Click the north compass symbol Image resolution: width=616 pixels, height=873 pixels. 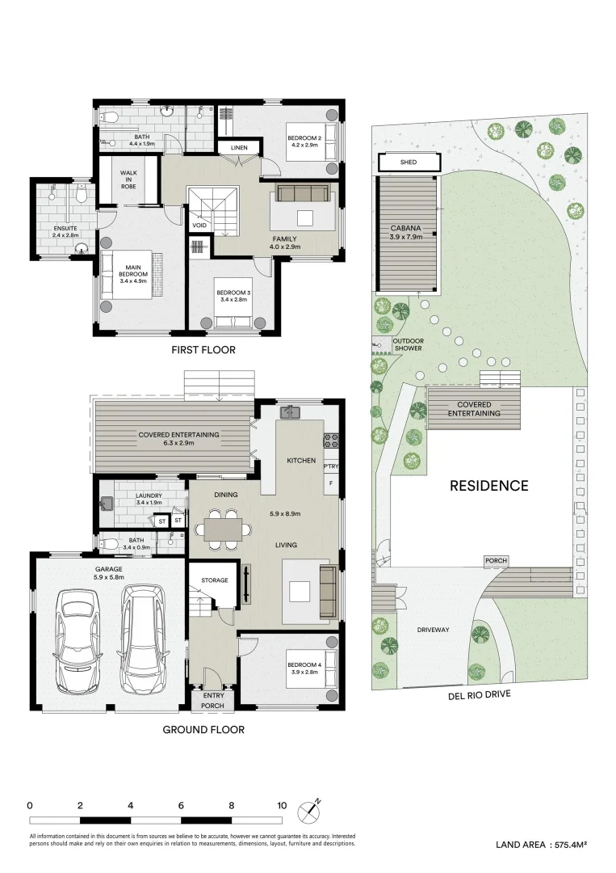310,810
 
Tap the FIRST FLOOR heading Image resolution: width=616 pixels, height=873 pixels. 203,350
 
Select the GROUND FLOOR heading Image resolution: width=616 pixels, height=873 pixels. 203,729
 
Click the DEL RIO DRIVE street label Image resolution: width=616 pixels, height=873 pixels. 479,694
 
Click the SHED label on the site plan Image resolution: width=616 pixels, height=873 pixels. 409,162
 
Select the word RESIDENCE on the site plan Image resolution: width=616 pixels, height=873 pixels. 488,486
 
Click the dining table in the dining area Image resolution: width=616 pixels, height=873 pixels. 221,529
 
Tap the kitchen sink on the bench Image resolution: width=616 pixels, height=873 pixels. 290,413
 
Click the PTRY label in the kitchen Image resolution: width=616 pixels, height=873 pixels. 330,466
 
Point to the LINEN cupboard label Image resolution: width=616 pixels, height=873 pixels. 239,148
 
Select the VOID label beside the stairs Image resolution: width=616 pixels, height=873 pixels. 199,226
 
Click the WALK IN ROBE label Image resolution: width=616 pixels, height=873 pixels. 129,179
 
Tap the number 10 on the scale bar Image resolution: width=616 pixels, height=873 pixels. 282,805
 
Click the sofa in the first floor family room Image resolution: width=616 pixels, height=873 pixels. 303,192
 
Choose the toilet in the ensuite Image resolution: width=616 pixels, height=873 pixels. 81,194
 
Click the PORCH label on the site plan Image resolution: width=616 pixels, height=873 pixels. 496,560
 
